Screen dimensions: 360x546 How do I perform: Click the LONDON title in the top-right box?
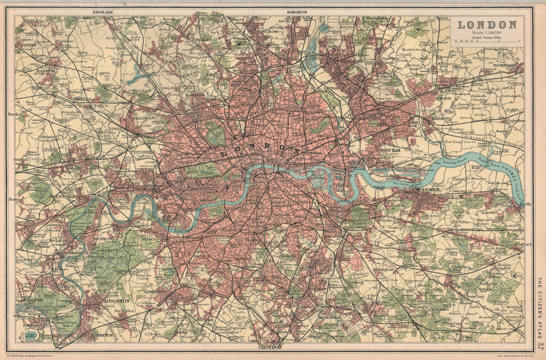(x=487, y=25)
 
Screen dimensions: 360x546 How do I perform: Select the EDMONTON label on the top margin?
(x=296, y=11)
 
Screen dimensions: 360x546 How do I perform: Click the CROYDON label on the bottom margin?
(x=270, y=346)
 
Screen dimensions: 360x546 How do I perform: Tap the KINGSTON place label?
(x=116, y=300)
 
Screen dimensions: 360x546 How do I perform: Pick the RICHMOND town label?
(x=104, y=239)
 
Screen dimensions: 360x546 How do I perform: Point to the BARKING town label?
(x=441, y=118)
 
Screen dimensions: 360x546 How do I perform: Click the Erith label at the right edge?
(x=525, y=204)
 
